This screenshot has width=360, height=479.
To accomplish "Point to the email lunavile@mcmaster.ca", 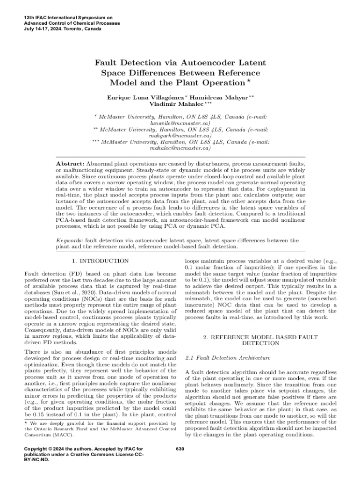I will pyautogui.click(x=180, y=123).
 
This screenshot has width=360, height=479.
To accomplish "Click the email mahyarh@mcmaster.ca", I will pyautogui.click(x=180, y=135).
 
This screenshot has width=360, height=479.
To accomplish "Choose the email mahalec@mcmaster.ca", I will pyautogui.click(x=180, y=148).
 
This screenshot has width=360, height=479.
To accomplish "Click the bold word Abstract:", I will pyautogui.click(x=70, y=164).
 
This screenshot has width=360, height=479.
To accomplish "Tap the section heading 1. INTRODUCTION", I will pyautogui.click(x=99, y=261).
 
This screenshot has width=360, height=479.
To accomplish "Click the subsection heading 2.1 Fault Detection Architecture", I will pyautogui.click(x=228, y=358).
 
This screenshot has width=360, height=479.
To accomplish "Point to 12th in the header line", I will pyautogui.click(x=28, y=17).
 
